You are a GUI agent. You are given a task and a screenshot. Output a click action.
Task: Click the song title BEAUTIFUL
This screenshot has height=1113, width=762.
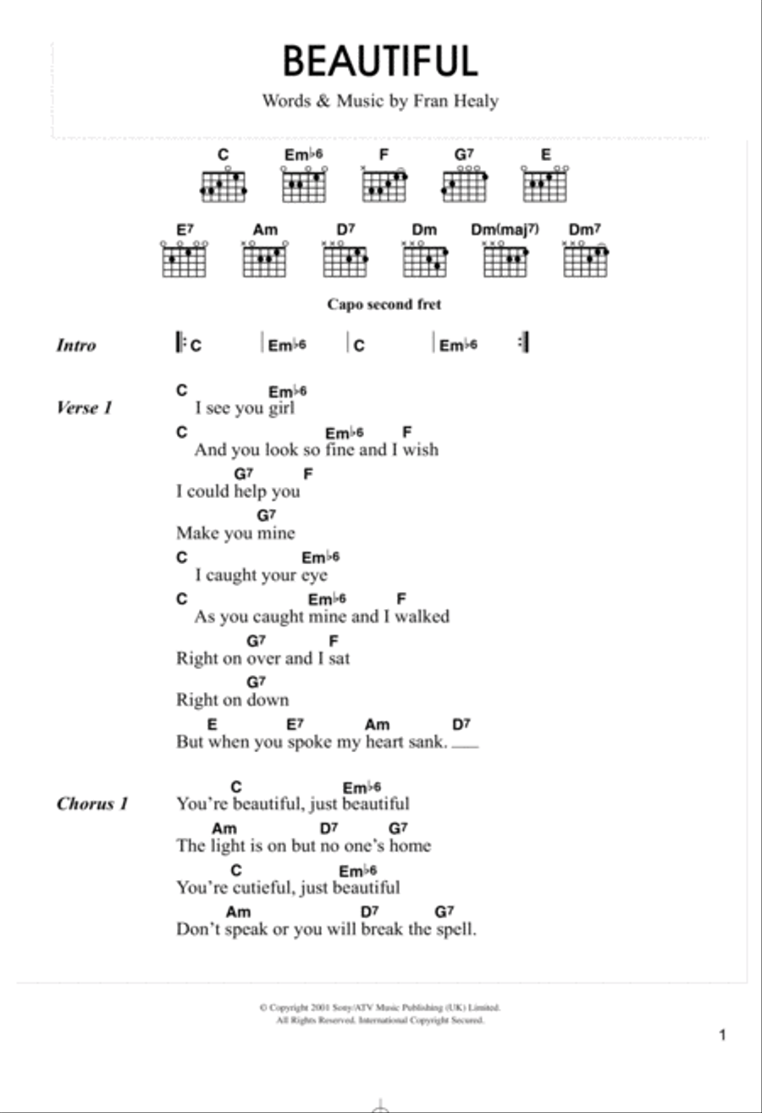pos(380,61)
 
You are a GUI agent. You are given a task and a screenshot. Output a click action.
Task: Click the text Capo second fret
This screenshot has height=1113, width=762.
pos(384,304)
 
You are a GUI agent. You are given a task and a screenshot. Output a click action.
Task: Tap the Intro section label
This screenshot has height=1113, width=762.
pos(76,345)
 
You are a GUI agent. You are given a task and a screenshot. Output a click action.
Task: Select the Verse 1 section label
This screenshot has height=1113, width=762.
pos(85,407)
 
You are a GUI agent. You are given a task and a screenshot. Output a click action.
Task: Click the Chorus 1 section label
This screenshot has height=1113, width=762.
pos(92,804)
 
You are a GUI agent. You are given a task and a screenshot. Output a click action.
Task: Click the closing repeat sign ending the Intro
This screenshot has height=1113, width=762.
pos(524,342)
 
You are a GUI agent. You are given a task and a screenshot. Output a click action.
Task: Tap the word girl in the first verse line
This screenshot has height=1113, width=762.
pos(282,408)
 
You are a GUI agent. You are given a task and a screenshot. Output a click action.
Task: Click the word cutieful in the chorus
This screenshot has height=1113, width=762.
pos(264,887)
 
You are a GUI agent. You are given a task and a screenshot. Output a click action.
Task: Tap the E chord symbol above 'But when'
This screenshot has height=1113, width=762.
pos(213,724)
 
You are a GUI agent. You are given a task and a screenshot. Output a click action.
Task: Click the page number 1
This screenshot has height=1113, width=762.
pos(722,1035)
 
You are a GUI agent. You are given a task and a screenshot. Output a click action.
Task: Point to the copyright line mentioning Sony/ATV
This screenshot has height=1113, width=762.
pos(380,1007)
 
